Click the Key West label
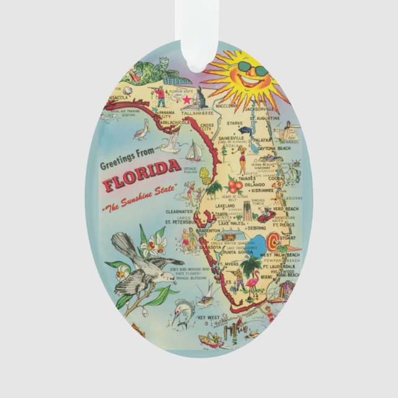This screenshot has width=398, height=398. click(209, 318)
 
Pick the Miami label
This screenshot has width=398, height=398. click(267, 277)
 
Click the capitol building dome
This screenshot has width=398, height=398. click(203, 96)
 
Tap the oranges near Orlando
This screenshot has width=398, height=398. click(235, 185)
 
